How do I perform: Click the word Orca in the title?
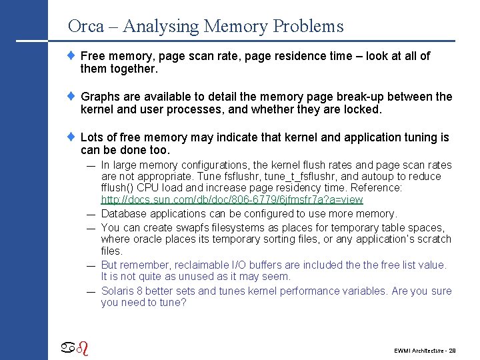(86, 27)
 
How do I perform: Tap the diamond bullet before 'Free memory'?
(73, 56)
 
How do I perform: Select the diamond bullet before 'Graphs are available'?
(73, 96)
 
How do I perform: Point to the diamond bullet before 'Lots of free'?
(73, 137)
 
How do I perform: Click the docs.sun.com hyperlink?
(232, 200)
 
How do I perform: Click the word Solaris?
(118, 291)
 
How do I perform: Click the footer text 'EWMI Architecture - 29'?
(425, 349)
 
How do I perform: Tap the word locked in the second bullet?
(362, 109)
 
